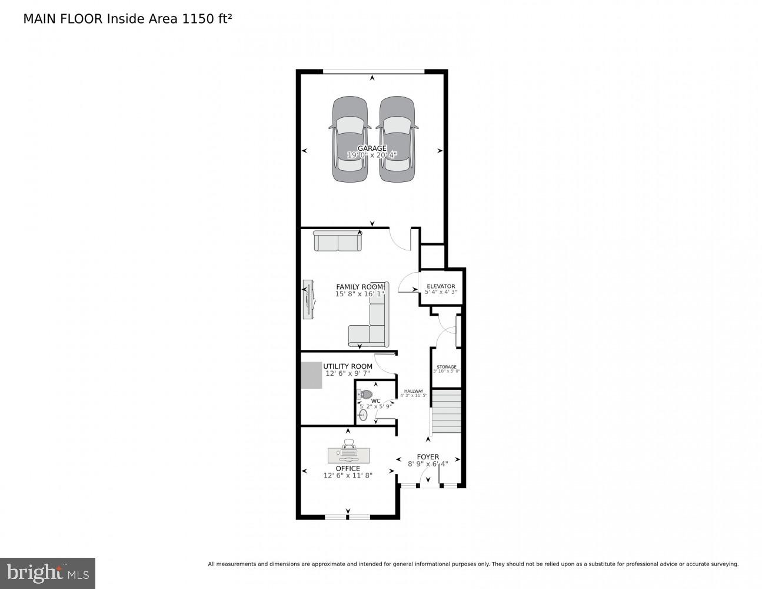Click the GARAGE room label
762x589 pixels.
(372, 148)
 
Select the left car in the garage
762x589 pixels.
(350, 140)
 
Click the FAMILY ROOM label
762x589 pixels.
(360, 287)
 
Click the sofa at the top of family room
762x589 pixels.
(337, 241)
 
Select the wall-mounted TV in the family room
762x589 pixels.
(308, 300)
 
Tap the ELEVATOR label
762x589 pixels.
(441, 286)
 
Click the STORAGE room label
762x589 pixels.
(446, 367)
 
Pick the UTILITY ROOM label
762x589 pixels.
(348, 366)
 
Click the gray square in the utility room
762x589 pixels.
(311, 375)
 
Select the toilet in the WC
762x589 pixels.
(366, 394)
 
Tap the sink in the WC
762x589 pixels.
(363, 415)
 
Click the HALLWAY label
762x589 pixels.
(413, 391)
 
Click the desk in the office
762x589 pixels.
(348, 455)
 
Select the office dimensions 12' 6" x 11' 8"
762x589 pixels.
(348, 476)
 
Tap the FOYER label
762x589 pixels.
(428, 456)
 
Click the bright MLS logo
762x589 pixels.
(48, 573)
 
